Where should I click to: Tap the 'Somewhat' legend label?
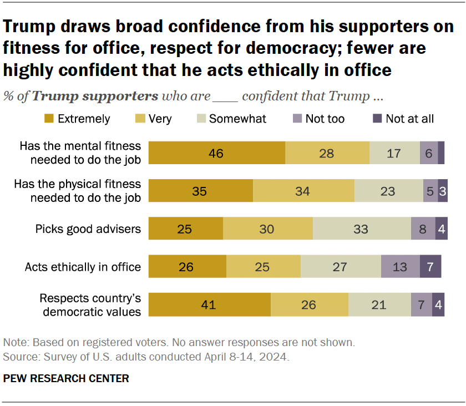pyautogui.click(x=237, y=119)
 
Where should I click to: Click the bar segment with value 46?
pyautogui.click(x=217, y=153)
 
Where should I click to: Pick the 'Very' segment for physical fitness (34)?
pyautogui.click(x=303, y=191)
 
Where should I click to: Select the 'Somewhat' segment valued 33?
pyautogui.click(x=362, y=229)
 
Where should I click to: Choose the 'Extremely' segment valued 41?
pyautogui.click(x=210, y=304)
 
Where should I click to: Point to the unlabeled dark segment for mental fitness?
pyautogui.click(x=441, y=153)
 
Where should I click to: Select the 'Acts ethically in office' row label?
pyautogui.click(x=83, y=267)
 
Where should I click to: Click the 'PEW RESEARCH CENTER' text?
pyautogui.click(x=66, y=378)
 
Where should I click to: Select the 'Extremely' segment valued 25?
pyautogui.click(x=186, y=229)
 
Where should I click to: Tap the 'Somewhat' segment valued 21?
pyautogui.click(x=379, y=304)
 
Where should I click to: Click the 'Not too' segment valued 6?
pyautogui.click(x=428, y=153)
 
